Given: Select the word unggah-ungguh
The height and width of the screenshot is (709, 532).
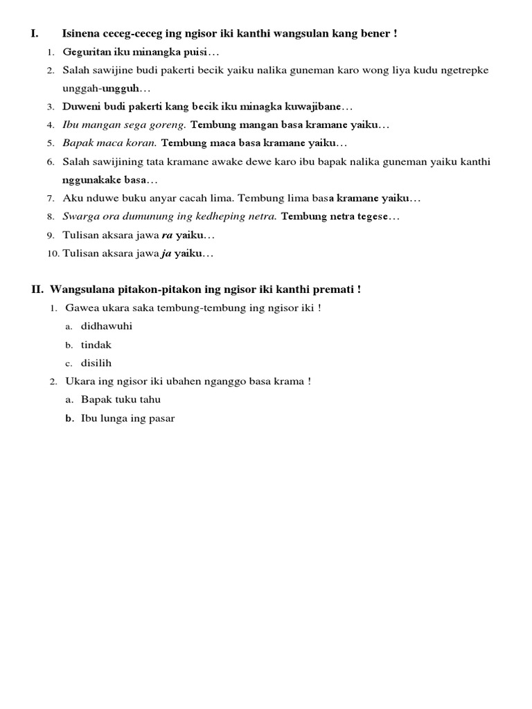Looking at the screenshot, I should pyautogui.click(x=105, y=89).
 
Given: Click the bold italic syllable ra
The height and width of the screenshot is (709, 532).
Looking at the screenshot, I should pyautogui.click(x=166, y=235).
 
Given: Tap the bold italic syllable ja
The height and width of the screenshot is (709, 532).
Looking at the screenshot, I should pyautogui.click(x=166, y=253).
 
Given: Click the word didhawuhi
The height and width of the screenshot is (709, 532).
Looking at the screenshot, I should pyautogui.click(x=107, y=326).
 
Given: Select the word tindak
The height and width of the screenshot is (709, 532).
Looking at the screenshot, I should pyautogui.click(x=96, y=345).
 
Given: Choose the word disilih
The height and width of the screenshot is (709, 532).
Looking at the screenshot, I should pyautogui.click(x=96, y=363).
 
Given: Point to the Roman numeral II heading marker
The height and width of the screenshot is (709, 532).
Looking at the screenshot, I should pyautogui.click(x=38, y=289).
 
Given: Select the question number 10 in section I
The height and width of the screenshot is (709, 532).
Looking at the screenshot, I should pyautogui.click(x=53, y=254).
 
